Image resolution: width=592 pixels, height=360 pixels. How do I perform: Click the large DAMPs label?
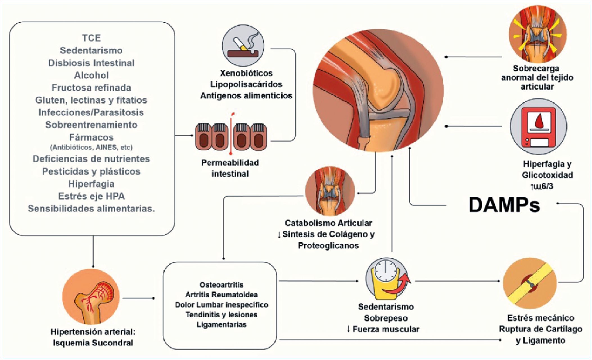pyautogui.click(x=504, y=205)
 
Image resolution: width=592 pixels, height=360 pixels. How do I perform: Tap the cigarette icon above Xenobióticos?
pyautogui.click(x=243, y=46)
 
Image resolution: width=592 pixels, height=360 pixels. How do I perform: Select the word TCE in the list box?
pyautogui.click(x=91, y=38)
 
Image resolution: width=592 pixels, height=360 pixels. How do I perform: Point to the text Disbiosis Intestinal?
pyautogui.click(x=91, y=63)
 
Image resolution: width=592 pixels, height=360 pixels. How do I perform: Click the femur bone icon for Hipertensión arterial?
pyautogui.click(x=91, y=297)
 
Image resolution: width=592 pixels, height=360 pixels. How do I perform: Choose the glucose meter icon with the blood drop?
pyautogui.click(x=538, y=126)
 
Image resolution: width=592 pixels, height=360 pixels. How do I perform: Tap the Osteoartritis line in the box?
pyautogui.click(x=221, y=285)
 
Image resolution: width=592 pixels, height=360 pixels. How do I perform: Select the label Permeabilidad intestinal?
pyautogui.click(x=230, y=168)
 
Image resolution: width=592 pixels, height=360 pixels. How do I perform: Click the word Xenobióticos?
pyautogui.click(x=246, y=73)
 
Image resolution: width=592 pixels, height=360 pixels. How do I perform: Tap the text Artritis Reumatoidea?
pyautogui.click(x=221, y=295)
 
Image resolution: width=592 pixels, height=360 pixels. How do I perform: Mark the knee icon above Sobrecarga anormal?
pyautogui.click(x=537, y=34)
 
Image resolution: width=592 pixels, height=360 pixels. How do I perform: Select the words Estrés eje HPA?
pyautogui.click(x=91, y=196)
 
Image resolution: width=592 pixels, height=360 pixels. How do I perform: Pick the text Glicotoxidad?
pyautogui.click(x=547, y=175)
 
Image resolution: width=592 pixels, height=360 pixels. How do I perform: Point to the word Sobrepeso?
pyautogui.click(x=386, y=318)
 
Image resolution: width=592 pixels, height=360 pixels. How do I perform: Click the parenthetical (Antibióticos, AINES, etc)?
pyautogui.click(x=91, y=147)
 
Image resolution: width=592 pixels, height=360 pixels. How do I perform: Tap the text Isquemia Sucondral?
pyautogui.click(x=93, y=343)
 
